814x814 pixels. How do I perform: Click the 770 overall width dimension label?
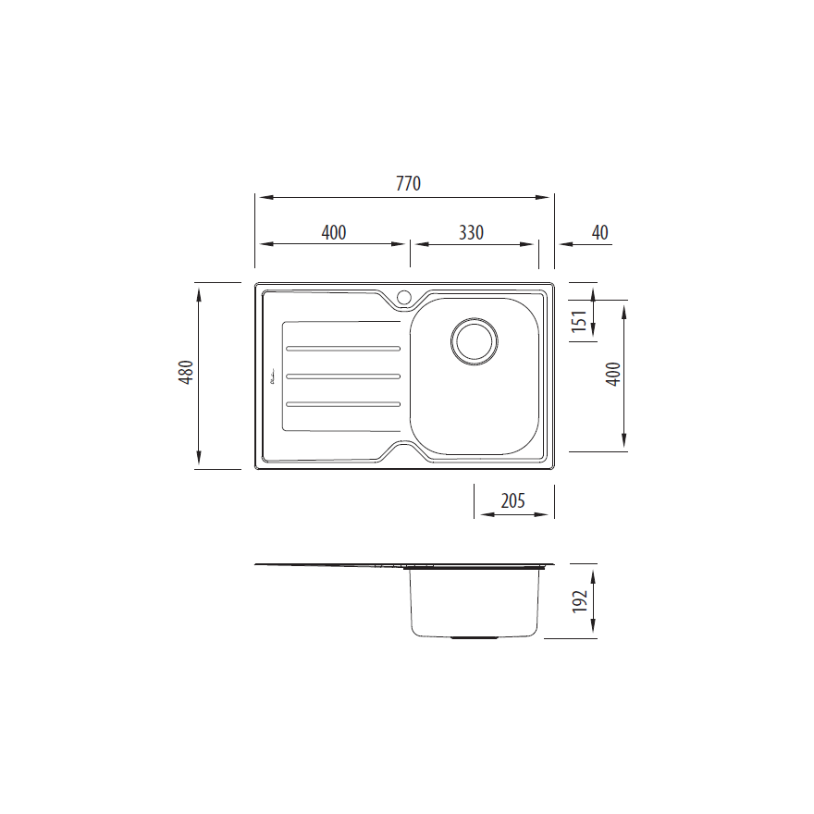coord(408,183)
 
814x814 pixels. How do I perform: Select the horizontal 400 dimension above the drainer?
coord(334,232)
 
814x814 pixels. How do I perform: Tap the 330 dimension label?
coord(471,232)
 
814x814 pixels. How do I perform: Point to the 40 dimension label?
coord(600,232)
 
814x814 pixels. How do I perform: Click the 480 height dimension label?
coord(185,373)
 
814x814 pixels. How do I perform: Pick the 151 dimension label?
coord(579,320)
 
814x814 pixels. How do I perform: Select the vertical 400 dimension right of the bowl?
coord(612,373)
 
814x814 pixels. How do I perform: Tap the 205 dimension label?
coord(512,500)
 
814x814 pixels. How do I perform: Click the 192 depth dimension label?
coord(580,601)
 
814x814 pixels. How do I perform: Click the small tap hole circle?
coord(403,297)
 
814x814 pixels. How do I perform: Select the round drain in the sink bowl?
coord(475,340)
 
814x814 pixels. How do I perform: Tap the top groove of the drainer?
coord(343,349)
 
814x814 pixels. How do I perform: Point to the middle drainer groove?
coord(343,376)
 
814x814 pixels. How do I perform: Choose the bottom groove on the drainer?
coord(343,403)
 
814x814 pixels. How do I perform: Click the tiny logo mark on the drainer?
coord(272,377)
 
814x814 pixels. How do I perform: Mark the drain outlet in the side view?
coord(474,637)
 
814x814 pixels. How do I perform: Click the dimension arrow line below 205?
coord(513,516)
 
